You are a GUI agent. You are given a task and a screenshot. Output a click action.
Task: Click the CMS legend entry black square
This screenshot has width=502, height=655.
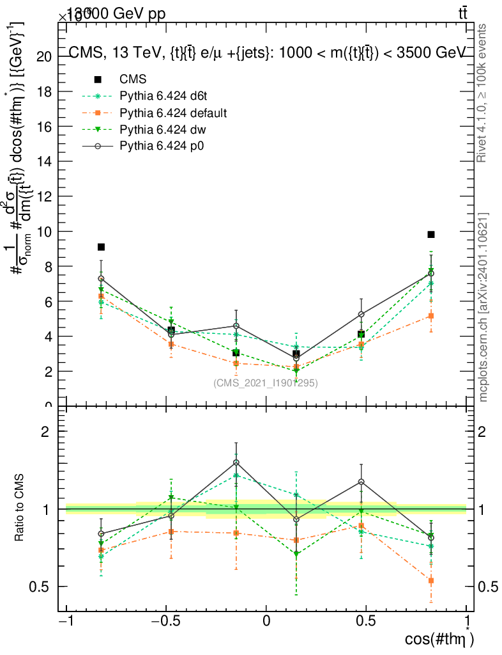tap(98, 79)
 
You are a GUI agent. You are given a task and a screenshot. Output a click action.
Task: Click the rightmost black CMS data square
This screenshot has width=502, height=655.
tap(431, 235)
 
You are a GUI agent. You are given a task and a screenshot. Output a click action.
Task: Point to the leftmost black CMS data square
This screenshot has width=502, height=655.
tap(101, 247)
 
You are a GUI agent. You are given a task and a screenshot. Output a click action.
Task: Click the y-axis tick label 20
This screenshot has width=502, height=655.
tap(44, 56)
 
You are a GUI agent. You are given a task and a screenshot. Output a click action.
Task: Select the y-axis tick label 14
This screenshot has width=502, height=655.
tap(44, 161)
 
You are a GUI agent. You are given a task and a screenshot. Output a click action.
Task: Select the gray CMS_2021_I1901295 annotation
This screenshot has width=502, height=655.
tap(266, 383)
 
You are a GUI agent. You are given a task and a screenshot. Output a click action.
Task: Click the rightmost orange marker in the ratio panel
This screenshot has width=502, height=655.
tap(431, 581)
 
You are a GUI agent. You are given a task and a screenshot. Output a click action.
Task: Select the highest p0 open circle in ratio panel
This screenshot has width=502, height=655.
tap(236, 462)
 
